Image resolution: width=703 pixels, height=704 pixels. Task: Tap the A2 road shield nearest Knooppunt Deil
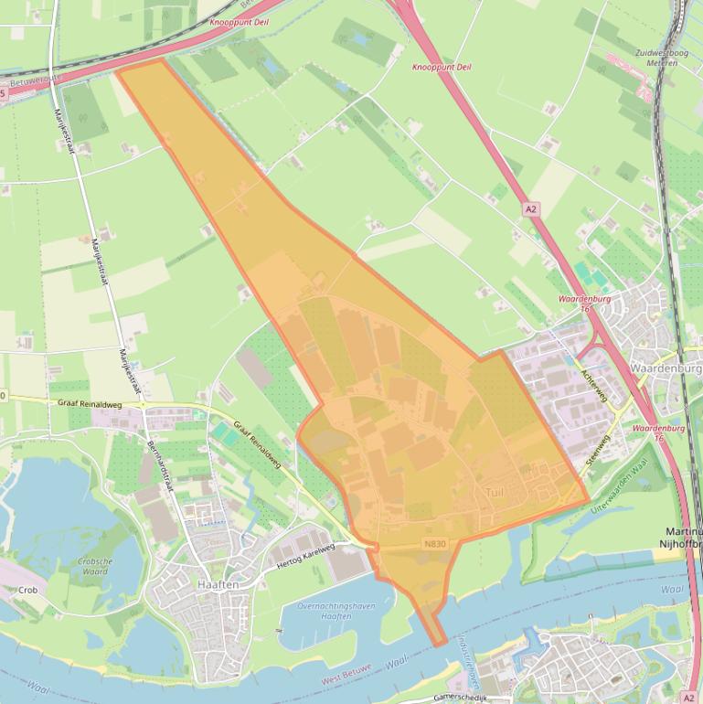coord(531,209)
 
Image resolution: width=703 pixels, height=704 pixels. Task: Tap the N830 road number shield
coord(435,544)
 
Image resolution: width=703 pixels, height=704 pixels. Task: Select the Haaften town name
coord(218,584)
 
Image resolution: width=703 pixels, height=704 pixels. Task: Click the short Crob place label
coord(27,591)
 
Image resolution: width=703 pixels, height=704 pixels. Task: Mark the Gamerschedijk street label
coord(463,696)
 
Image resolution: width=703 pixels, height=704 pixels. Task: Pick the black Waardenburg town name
coord(666,368)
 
